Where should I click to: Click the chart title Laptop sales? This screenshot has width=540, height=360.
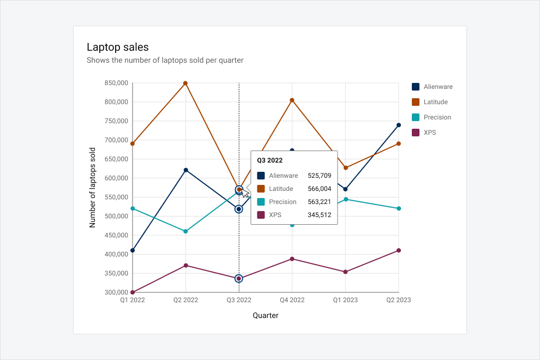click(117, 47)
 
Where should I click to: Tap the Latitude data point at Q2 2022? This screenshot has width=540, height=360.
click(185, 83)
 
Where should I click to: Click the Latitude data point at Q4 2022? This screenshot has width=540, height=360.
click(292, 100)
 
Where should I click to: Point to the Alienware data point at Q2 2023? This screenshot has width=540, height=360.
click(399, 125)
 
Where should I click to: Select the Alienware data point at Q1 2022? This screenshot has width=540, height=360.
click(133, 250)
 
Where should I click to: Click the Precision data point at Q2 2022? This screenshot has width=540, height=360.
click(185, 231)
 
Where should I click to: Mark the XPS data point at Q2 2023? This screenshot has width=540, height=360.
click(399, 250)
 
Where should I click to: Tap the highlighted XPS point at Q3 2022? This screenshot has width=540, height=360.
click(239, 279)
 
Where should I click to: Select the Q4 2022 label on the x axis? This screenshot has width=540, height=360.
click(292, 300)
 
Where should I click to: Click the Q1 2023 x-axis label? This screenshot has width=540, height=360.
click(345, 300)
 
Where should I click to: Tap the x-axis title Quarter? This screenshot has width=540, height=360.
click(266, 315)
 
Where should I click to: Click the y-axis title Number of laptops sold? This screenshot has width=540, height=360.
click(92, 188)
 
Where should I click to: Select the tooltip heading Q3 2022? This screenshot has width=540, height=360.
click(269, 160)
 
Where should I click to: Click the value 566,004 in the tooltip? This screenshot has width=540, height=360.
click(319, 189)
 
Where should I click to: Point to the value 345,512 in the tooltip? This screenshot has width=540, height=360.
click(319, 215)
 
